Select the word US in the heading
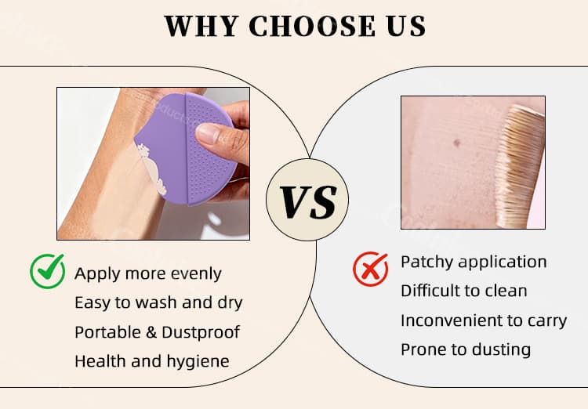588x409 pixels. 405,27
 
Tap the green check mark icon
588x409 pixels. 47,272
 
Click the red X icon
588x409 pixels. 370,269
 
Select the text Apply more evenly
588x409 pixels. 148,273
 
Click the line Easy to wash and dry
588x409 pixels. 158,302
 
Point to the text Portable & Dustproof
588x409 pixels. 157,331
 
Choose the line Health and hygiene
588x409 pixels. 152,360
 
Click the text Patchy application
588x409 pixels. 474,262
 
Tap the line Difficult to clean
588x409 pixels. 464,291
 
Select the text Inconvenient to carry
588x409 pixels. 484,320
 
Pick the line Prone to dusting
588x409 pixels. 466,349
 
